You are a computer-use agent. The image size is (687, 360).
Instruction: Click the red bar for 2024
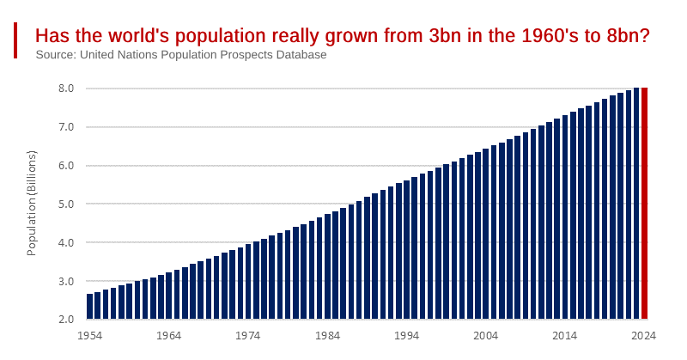point(644,203)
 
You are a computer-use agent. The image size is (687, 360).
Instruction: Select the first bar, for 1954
point(89,306)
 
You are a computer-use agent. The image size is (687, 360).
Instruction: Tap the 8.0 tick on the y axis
point(66,88)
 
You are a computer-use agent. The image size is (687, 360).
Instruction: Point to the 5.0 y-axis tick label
point(66,204)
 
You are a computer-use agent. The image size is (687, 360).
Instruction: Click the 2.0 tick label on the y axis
point(66,320)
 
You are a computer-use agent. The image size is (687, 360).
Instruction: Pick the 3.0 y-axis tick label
point(66,282)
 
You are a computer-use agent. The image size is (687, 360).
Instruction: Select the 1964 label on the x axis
point(168,336)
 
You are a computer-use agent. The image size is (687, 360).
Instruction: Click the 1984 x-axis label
point(327,336)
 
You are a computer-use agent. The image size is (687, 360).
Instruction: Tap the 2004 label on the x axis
point(485,336)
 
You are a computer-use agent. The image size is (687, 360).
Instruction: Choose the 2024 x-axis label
point(644,336)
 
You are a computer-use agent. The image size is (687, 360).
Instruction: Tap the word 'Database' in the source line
point(300,55)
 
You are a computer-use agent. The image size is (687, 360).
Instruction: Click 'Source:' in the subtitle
point(56,55)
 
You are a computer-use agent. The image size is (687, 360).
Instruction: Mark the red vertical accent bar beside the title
point(15,40)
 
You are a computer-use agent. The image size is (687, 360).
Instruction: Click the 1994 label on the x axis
point(406,336)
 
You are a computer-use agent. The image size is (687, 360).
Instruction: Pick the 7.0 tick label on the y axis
point(66,127)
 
